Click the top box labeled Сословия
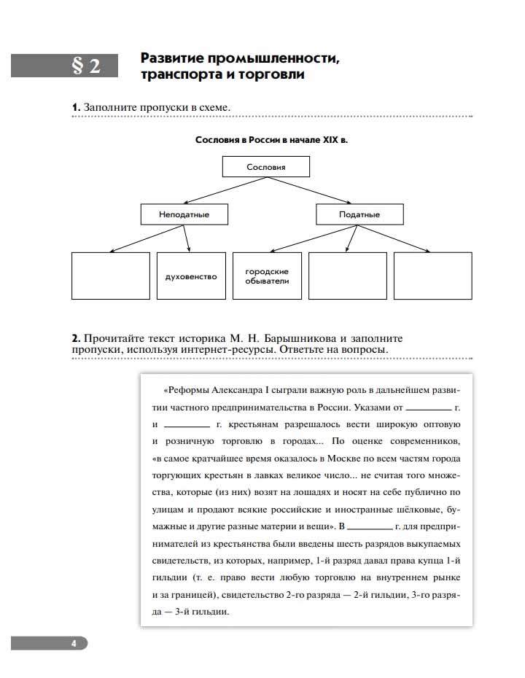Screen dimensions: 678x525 tap(265, 167)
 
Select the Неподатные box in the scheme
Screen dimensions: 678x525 tap(184, 214)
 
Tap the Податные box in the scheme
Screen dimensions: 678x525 tap(359, 214)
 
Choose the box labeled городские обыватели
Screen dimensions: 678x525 tap(267, 276)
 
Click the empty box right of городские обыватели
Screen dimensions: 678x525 tap(347, 276)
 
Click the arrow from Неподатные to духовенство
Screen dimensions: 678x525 tap(187, 238)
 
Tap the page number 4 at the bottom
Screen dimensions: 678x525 tap(74, 643)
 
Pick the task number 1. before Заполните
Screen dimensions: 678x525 tap(76, 108)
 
